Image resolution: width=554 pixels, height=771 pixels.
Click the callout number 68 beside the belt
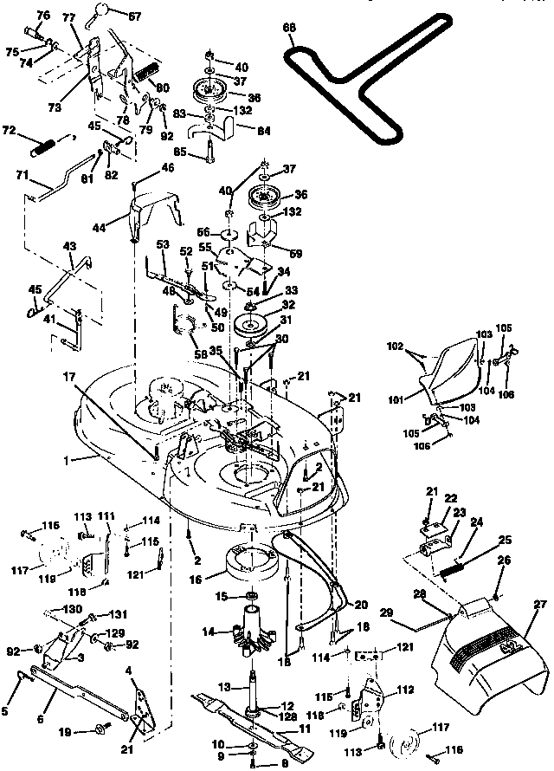(289, 27)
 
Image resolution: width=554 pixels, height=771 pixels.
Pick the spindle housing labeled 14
(248, 628)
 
